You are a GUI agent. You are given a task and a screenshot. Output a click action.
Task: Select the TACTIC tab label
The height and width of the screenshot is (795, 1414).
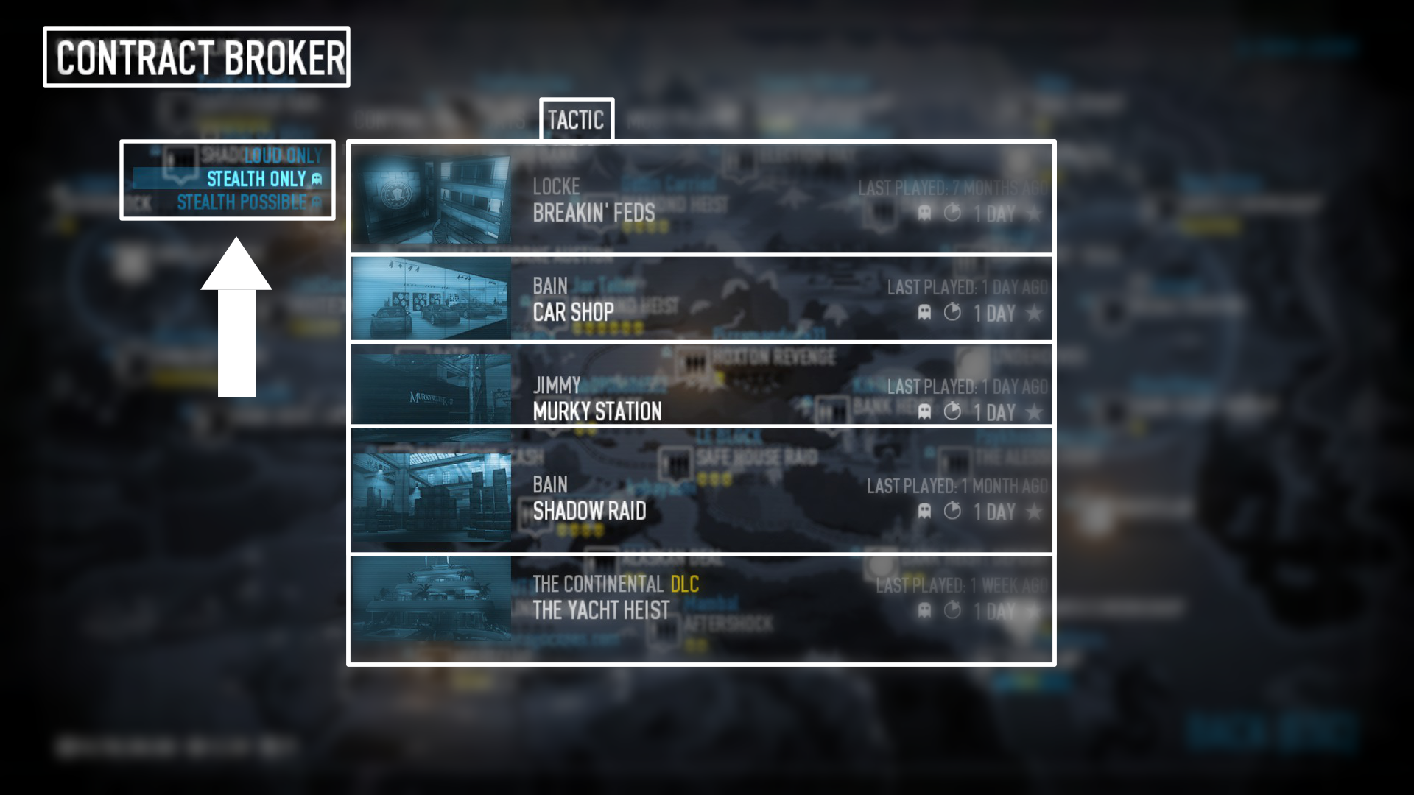pos(576,120)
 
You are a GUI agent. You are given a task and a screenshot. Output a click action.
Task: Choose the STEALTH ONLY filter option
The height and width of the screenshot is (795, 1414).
pos(256,179)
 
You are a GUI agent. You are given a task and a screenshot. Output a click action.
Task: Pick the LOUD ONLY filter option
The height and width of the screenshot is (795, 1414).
pos(283,155)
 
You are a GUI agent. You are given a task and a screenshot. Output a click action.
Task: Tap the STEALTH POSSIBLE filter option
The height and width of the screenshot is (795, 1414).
pos(242,202)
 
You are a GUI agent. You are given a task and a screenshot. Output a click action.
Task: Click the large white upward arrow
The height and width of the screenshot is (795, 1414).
pos(236,317)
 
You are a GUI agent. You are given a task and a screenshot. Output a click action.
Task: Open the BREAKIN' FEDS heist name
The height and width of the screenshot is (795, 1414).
pos(594,213)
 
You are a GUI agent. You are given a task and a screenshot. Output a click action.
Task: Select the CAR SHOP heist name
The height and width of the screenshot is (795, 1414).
pos(573,313)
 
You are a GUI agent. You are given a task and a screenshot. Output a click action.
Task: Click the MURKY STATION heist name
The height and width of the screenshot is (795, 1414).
pos(597,411)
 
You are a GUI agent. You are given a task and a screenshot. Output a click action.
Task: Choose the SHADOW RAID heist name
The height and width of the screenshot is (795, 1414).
pos(589,511)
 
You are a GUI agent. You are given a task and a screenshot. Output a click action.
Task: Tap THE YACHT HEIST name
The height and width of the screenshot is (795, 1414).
pos(601,610)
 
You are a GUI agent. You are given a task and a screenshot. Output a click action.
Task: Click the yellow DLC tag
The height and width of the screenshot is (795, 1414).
pos(684,584)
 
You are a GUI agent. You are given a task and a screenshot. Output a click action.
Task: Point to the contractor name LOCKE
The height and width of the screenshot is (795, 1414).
pos(556,187)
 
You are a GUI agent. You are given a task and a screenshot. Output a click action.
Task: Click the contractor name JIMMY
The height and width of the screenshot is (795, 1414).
pos(557,385)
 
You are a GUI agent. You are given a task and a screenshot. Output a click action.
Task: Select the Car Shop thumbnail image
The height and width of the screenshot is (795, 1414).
pos(431,298)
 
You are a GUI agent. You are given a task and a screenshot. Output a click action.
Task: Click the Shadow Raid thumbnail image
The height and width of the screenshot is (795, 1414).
pos(431,497)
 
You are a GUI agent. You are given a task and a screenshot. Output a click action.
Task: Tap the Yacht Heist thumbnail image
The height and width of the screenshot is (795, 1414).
pos(431,598)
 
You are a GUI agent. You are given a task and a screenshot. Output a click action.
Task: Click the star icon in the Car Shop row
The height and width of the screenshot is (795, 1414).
pos(1034,313)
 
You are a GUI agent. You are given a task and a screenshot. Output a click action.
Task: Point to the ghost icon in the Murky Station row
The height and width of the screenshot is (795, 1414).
pos(924,411)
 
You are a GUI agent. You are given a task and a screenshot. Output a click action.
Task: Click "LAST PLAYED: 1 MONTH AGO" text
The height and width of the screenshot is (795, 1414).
pos(957,486)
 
